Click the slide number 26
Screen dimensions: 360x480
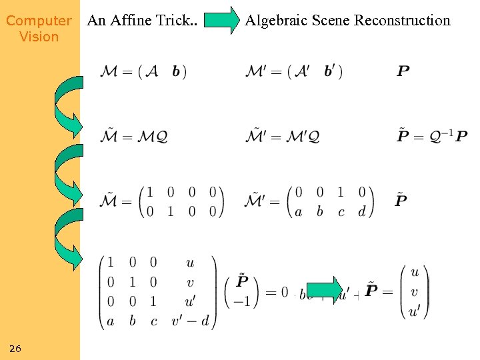[x=15, y=349]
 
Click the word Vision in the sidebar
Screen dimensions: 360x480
[x=39, y=37]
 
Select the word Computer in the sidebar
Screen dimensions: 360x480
[x=39, y=21]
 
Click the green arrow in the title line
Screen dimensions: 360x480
[x=221, y=20]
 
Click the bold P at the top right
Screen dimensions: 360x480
[x=403, y=71]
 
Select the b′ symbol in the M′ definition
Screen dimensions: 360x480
[x=331, y=71]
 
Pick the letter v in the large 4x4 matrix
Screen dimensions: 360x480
[x=191, y=282]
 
